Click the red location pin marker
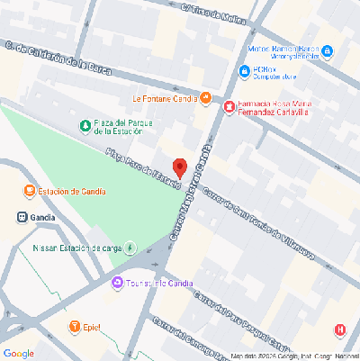coord(179,168)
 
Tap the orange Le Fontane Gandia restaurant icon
coord(206,97)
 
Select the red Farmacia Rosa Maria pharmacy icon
coord(229,107)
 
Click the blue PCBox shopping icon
coord(244,71)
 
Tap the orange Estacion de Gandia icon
coord(30,191)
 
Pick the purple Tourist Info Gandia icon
coord(117,284)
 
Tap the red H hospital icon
coord(339,329)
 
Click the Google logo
coord(19,352)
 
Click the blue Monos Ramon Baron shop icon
coord(328,51)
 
